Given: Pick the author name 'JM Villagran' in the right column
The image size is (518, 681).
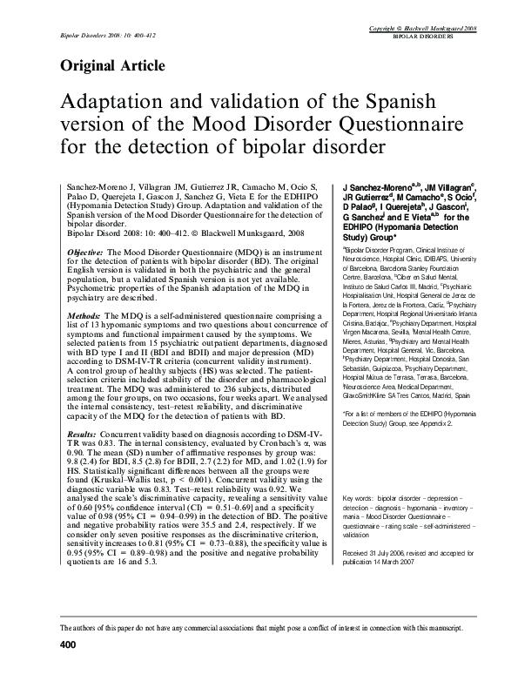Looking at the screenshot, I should [x=433, y=187].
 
